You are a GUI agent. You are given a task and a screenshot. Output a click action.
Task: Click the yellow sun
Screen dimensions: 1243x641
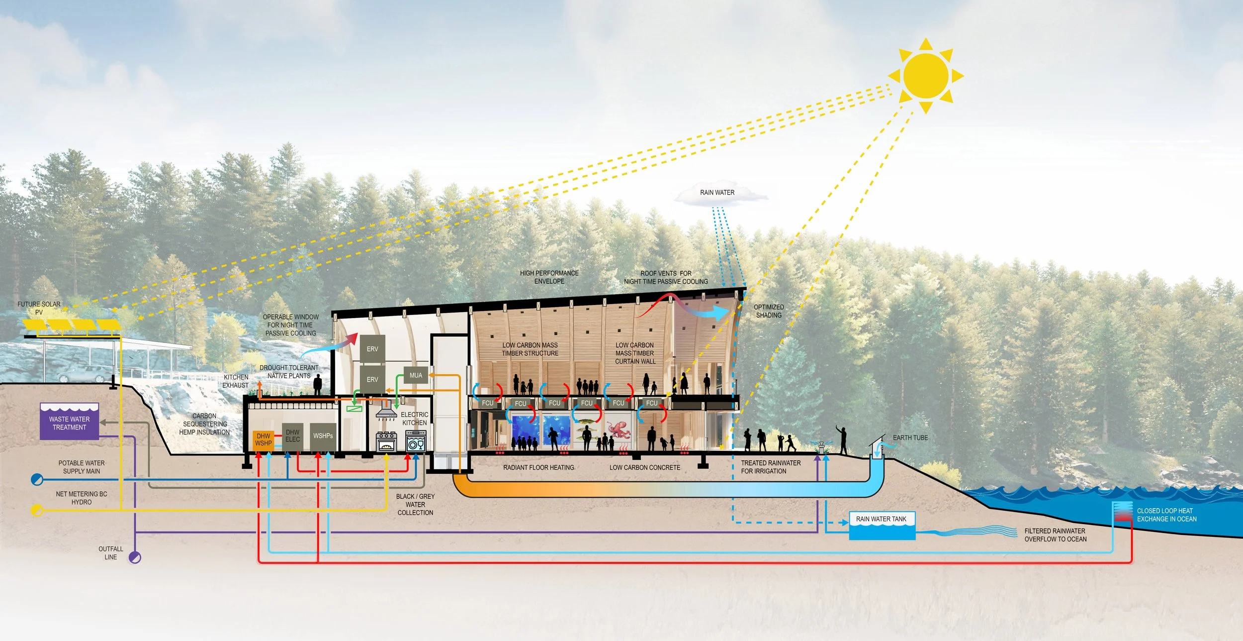point(926,76)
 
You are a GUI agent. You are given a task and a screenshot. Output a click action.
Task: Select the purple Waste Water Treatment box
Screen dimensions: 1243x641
point(69,422)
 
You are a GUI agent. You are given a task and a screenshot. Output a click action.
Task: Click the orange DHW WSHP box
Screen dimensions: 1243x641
point(263,440)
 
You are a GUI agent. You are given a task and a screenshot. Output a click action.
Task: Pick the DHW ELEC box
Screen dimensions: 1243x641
point(292,436)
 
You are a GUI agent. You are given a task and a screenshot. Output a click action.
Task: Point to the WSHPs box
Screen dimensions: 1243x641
point(323,436)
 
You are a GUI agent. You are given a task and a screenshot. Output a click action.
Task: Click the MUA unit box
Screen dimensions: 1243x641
point(416,376)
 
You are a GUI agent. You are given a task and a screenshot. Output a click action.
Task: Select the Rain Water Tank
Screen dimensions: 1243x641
point(882,526)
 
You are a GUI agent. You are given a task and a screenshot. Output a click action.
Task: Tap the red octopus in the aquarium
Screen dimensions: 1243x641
point(618,429)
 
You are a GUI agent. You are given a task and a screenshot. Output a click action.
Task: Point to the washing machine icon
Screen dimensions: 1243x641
point(416,441)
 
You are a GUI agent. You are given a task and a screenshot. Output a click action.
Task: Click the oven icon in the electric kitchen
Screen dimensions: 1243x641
point(386,441)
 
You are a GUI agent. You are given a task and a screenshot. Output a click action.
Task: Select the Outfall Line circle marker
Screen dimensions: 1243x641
point(135,557)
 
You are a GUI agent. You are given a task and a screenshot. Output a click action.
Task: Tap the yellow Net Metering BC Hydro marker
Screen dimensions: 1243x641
point(37,510)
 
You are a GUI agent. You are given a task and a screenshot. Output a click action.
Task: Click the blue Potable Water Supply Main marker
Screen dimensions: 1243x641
point(37,480)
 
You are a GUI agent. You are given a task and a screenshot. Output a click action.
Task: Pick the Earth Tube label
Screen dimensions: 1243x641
point(910,438)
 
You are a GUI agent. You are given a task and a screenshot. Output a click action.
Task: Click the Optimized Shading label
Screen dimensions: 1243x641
point(769,311)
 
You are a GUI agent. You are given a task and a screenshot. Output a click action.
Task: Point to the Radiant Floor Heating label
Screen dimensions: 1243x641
point(538,468)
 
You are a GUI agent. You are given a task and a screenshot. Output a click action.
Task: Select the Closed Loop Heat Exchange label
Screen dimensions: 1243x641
point(1166,515)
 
